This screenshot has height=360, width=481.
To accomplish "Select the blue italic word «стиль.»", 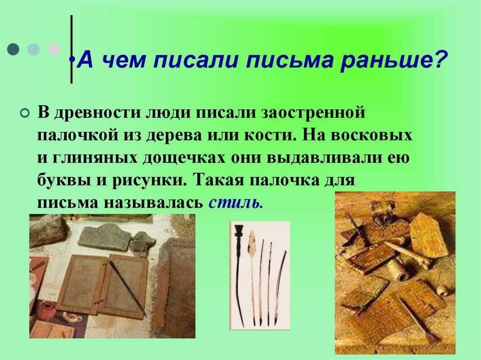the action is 236,202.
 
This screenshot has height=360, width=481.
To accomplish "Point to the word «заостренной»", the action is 313,113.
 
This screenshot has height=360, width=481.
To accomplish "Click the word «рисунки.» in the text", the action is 149,181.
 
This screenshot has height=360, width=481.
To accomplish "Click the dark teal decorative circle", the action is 13,49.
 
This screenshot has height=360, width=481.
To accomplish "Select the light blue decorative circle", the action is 33,49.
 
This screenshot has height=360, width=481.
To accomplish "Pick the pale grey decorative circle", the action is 54,49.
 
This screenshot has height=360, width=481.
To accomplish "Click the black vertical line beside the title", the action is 71,49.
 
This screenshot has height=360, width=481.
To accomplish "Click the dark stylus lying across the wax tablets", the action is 127,288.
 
